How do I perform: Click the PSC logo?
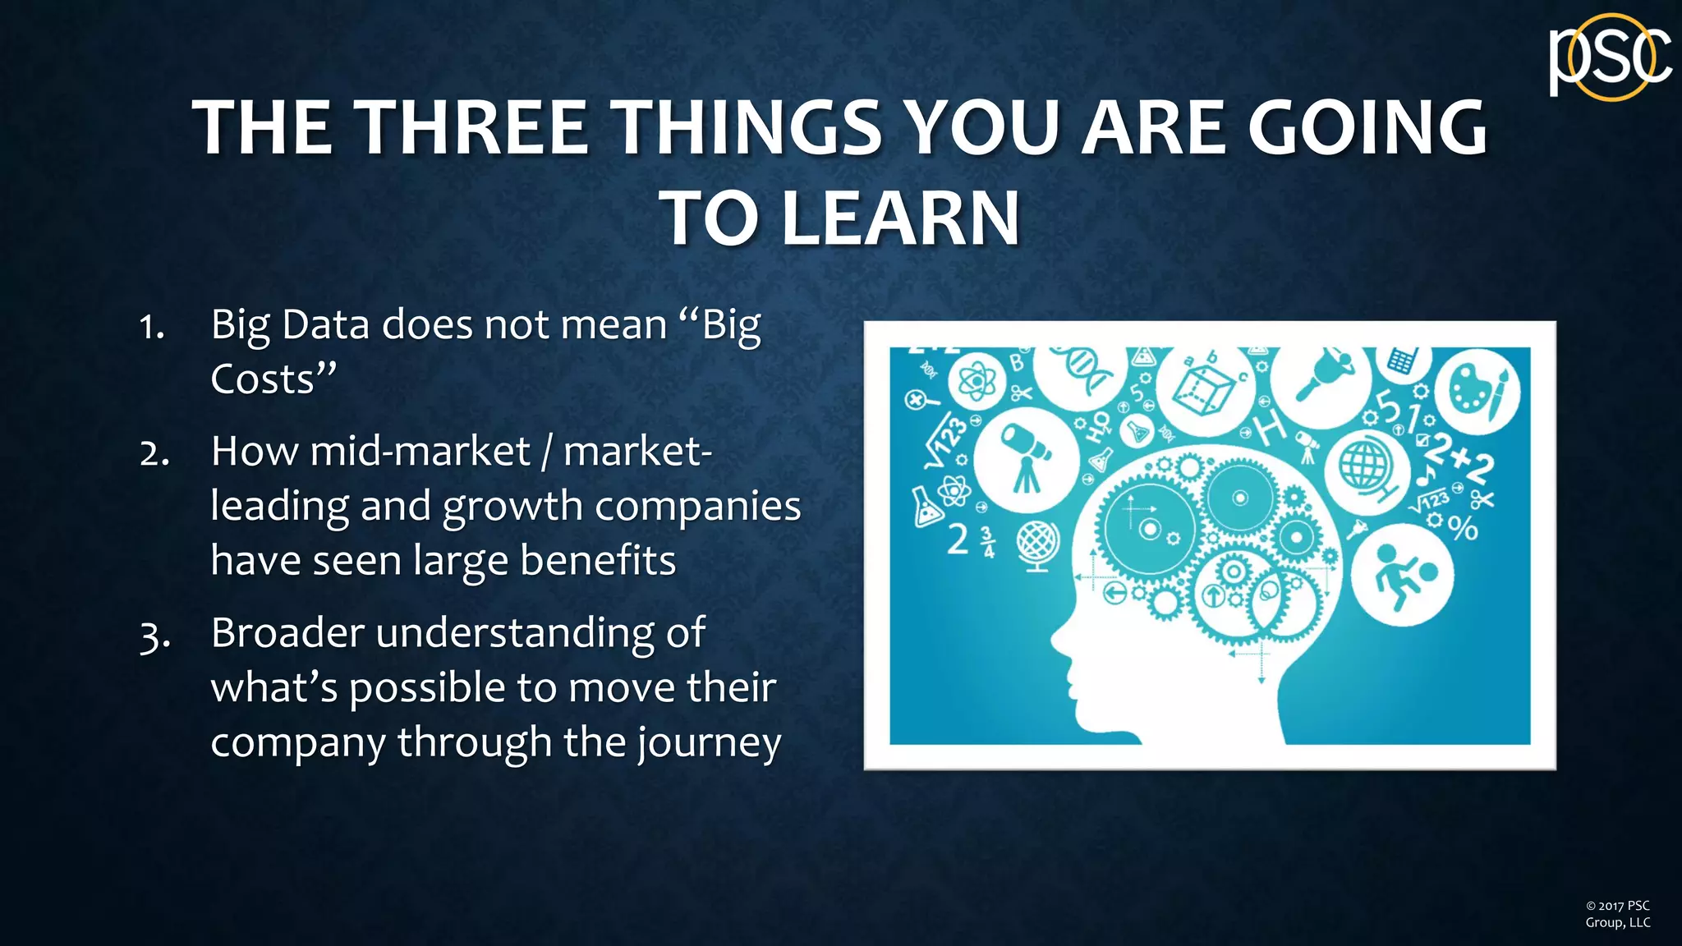point(1609,57)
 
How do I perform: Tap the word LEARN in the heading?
point(900,218)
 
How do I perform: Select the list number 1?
point(151,327)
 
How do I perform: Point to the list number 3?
point(154,636)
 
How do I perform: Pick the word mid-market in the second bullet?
point(420,451)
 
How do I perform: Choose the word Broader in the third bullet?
point(287,633)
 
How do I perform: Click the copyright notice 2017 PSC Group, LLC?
point(1617,914)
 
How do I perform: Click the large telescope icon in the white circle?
point(1026,457)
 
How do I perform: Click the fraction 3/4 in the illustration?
point(989,542)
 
